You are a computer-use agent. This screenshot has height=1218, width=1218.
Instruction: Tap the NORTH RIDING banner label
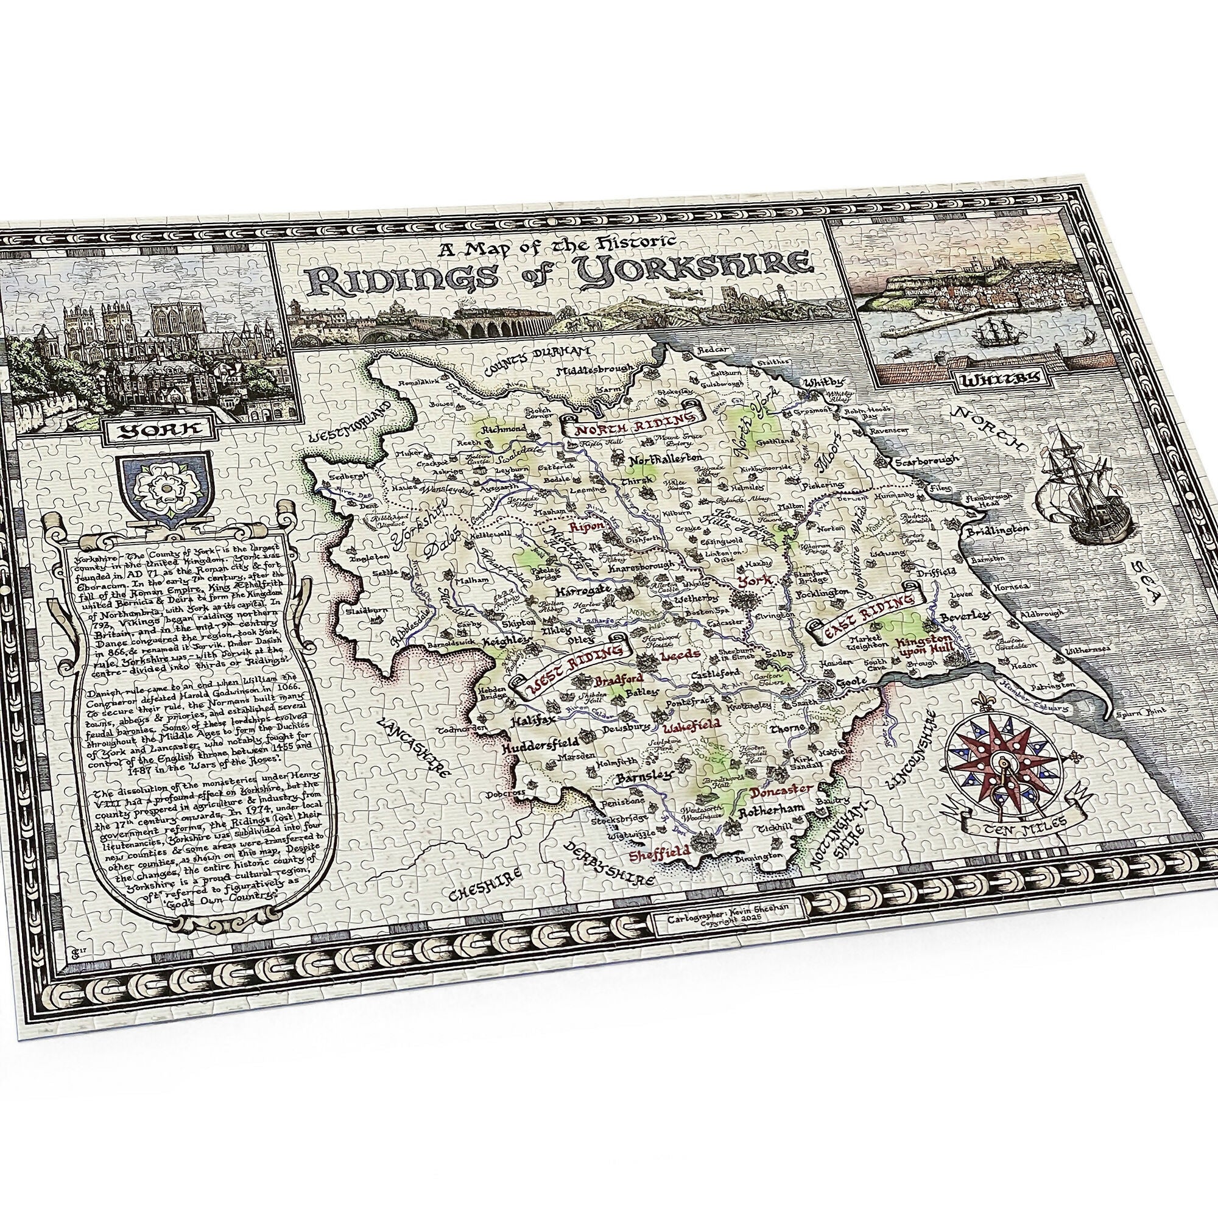[x=632, y=424]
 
